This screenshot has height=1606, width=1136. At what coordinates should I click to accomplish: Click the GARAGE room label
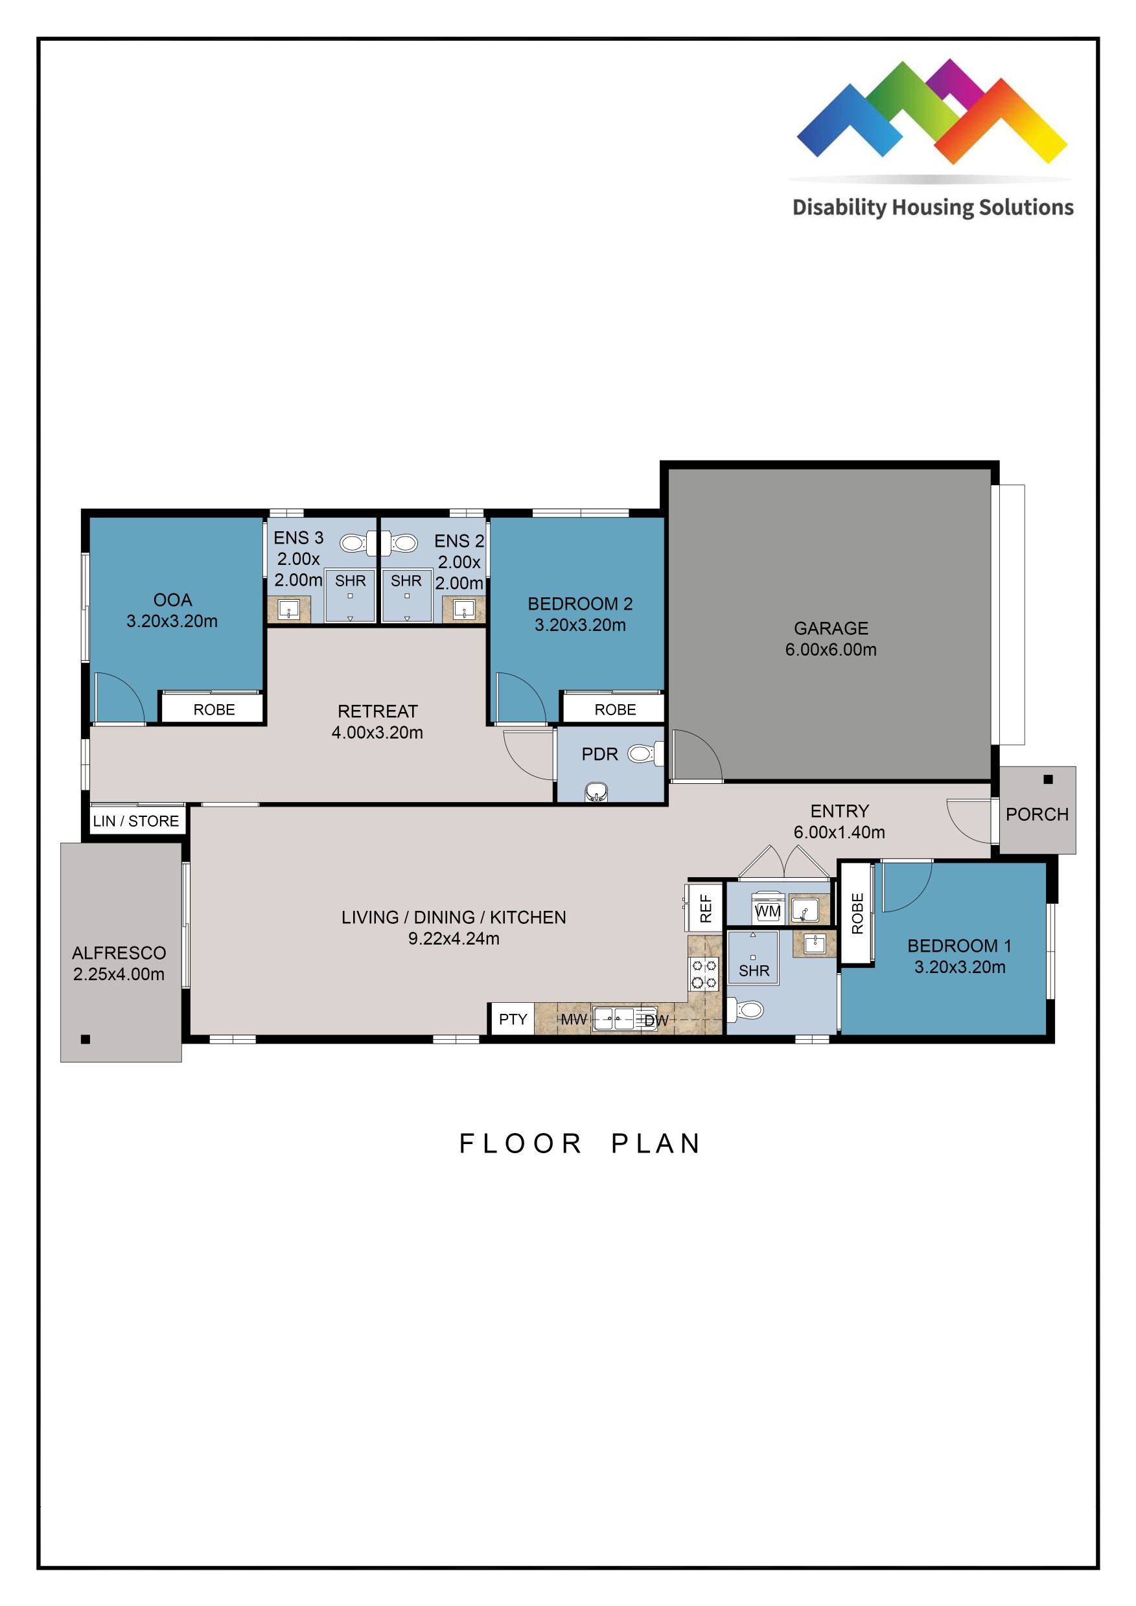point(830,628)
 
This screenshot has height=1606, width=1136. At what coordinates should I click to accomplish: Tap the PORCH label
point(1037,814)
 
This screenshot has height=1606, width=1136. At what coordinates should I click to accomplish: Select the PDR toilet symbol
point(641,754)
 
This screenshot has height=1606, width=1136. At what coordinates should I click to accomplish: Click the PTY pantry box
point(512,1019)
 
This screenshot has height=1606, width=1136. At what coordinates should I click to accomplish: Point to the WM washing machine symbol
point(767,911)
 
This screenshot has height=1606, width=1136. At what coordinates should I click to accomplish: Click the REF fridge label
point(706,908)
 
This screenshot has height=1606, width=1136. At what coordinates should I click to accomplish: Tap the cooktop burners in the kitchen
point(704,974)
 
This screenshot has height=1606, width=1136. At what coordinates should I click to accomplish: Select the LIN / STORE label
point(135,820)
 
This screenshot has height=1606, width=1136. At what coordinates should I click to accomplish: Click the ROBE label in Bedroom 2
point(615,709)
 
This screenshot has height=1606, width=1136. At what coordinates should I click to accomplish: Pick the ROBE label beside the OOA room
point(214,709)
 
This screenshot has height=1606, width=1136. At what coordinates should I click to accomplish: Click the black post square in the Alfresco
point(86,1039)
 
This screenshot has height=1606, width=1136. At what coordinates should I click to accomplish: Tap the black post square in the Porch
point(1048,779)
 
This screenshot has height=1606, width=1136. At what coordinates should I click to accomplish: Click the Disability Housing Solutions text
point(933,208)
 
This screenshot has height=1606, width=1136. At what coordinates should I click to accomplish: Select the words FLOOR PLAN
point(580,1143)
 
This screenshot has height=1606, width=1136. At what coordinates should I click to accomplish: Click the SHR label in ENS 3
point(350,580)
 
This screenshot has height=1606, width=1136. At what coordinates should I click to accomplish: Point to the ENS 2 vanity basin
point(463,611)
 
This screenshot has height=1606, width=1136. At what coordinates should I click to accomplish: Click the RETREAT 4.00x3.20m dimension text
point(377,732)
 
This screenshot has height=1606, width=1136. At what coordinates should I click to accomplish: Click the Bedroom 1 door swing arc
point(907,886)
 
